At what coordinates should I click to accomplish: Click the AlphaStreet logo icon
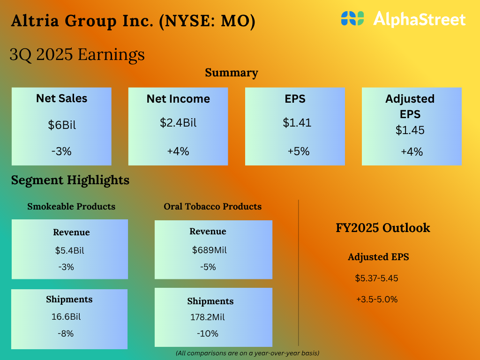pyautogui.click(x=352, y=19)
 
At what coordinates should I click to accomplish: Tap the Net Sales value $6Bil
pyautogui.click(x=62, y=125)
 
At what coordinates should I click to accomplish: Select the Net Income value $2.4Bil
pyautogui.click(x=178, y=123)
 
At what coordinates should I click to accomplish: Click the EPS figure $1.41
pyautogui.click(x=297, y=123)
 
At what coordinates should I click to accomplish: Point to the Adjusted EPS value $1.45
pyautogui.click(x=410, y=130)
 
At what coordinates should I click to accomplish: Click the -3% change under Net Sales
pyautogui.click(x=61, y=151)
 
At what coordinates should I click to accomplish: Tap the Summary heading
pyautogui.click(x=232, y=73)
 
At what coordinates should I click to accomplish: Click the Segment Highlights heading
pyautogui.click(x=70, y=180)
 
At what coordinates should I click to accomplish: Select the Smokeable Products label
pyautogui.click(x=71, y=207)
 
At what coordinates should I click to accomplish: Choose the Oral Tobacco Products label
pyautogui.click(x=213, y=207)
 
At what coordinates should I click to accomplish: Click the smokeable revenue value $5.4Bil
pyautogui.click(x=69, y=250)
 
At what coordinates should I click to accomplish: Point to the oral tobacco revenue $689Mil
pyautogui.click(x=210, y=250)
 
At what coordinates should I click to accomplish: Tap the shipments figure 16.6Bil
pyautogui.click(x=66, y=316)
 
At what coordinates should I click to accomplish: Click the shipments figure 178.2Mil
pyautogui.click(x=207, y=317)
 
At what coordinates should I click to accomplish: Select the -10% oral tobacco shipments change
pyautogui.click(x=208, y=333)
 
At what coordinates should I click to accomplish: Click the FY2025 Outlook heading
pyautogui.click(x=383, y=228)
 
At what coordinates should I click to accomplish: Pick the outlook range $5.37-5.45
pyautogui.click(x=376, y=278)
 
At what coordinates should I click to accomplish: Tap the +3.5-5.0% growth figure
pyautogui.click(x=377, y=299)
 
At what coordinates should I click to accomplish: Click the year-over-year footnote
pyautogui.click(x=247, y=352)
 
